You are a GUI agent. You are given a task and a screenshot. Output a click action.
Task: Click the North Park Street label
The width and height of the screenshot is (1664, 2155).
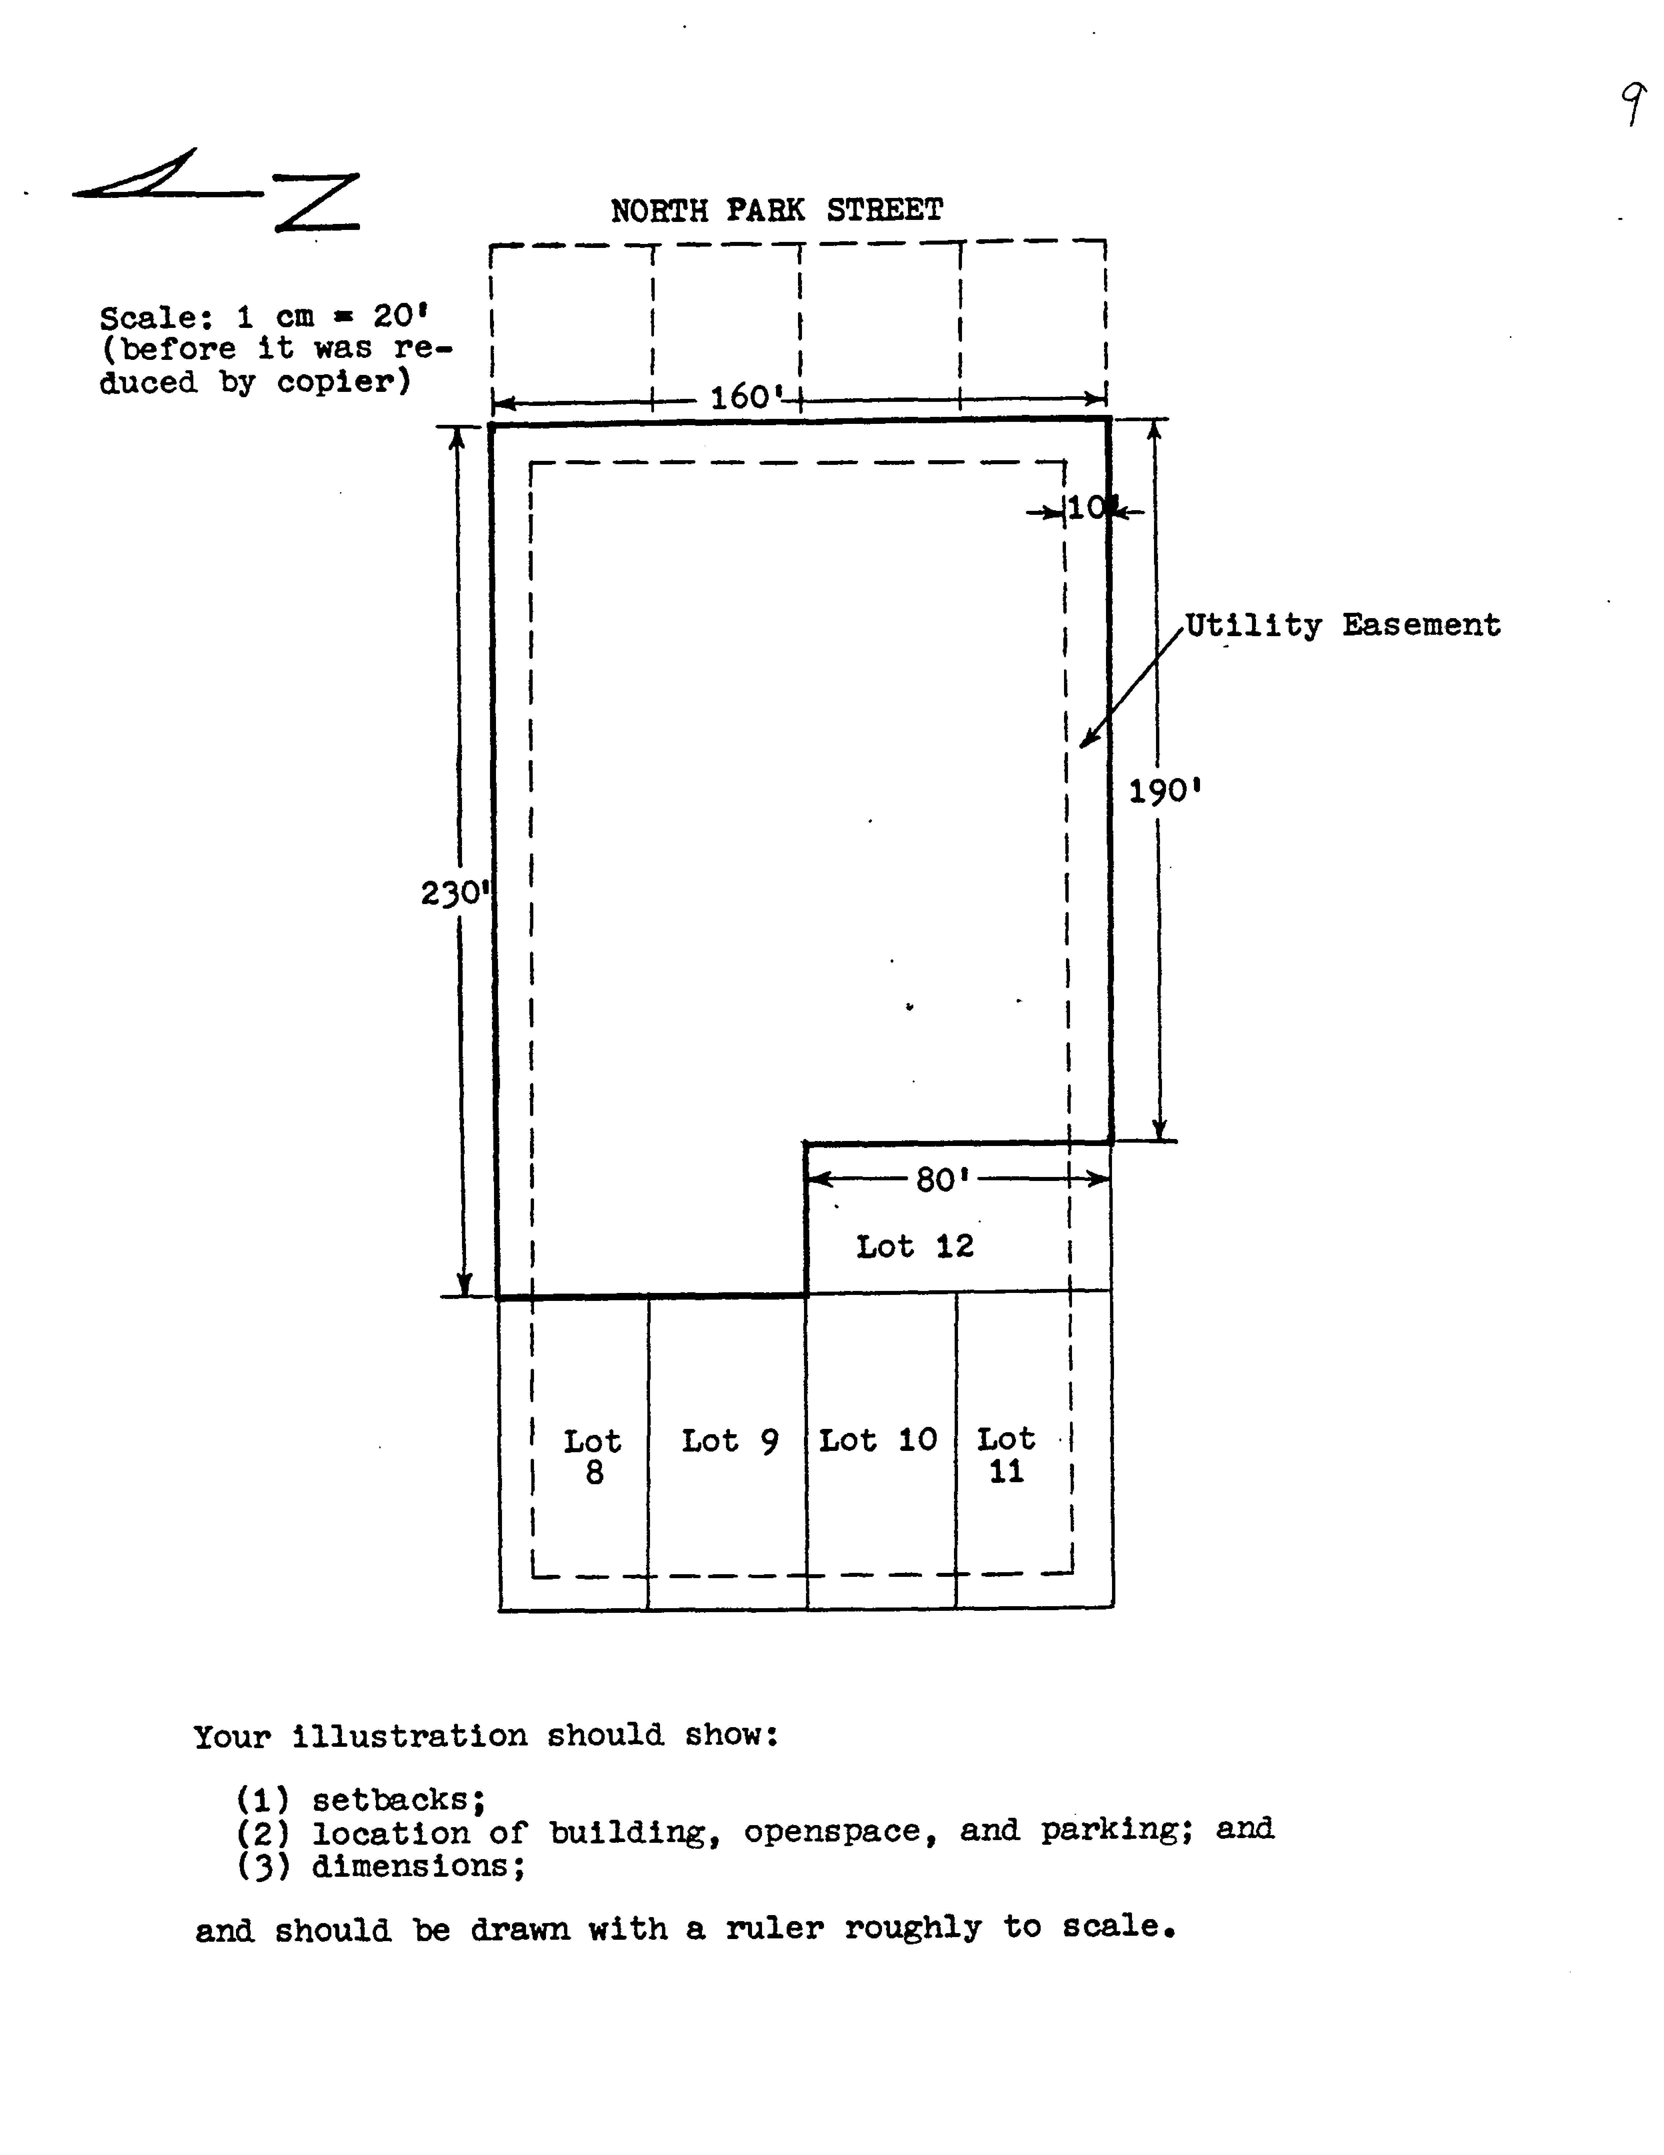(x=777, y=210)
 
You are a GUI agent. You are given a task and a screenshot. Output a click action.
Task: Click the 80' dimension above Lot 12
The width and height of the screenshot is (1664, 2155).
(x=942, y=1179)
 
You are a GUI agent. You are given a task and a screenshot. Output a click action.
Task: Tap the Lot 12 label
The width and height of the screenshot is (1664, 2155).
(x=915, y=1246)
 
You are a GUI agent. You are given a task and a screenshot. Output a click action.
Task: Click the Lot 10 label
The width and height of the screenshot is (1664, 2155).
(x=877, y=1441)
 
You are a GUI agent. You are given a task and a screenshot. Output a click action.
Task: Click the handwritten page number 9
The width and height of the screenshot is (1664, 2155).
(x=1634, y=105)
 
